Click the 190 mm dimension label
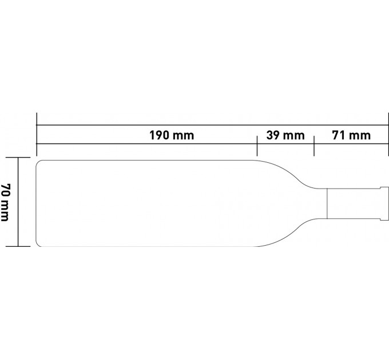click(x=172, y=135)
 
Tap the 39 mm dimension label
click(x=285, y=135)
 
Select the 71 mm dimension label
click(x=351, y=135)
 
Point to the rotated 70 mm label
click(x=5, y=202)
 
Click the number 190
click(x=159, y=135)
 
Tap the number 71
click(x=338, y=135)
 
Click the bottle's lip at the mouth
click(x=385, y=203)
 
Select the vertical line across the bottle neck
click(x=327, y=203)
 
